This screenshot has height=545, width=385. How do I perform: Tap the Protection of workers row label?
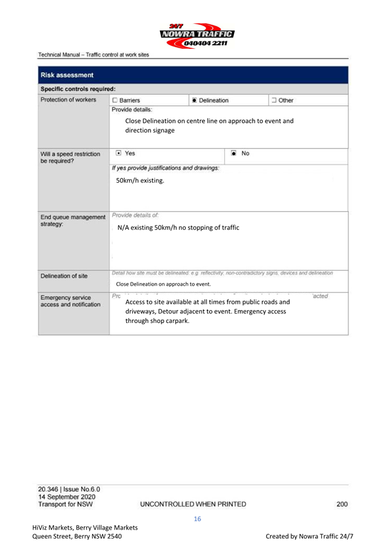pos(71,101)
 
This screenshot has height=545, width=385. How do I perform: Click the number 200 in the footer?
pos(341,503)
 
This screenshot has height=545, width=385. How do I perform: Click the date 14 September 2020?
pos(67,497)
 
